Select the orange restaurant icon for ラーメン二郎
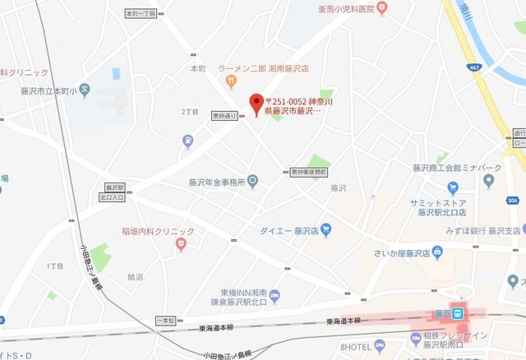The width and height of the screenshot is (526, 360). (x=233, y=81)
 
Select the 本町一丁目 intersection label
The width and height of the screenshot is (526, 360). (x=140, y=14)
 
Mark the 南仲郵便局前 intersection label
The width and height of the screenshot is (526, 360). (x=309, y=173)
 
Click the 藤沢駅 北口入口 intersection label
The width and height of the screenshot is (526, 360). (x=113, y=192)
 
